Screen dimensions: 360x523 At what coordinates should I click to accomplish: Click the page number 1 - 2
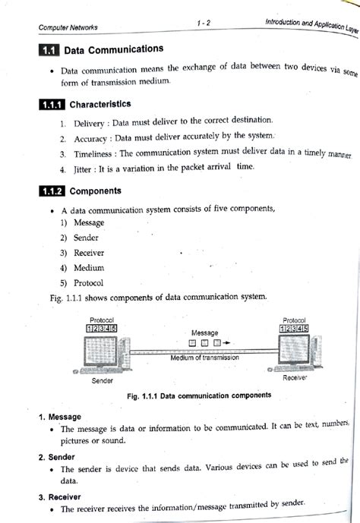[202, 24]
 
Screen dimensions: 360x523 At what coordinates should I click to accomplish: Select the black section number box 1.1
[49, 52]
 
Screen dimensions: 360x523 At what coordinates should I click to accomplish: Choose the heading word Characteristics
[100, 104]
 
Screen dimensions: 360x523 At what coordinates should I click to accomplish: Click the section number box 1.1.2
[53, 191]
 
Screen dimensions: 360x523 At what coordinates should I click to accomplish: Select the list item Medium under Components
[89, 268]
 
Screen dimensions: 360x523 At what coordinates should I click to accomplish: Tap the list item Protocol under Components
[89, 283]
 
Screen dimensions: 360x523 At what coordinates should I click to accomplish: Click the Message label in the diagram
[204, 332]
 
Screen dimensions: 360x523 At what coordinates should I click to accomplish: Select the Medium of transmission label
[204, 358]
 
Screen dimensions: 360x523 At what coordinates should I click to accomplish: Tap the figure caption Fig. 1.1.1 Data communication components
[201, 395]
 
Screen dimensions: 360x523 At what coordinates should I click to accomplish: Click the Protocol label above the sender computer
[102, 320]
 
